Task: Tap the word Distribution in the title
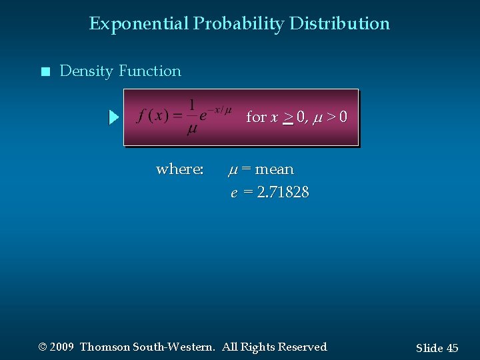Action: click(339, 24)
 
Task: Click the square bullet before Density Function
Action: click(45, 71)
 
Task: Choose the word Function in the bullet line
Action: click(150, 71)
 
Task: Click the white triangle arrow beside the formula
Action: click(113, 118)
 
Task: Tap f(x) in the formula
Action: click(152, 117)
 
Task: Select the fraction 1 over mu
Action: click(191, 117)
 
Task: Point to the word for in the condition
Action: click(256, 117)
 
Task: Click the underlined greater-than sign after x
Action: click(288, 118)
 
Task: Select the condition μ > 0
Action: click(331, 117)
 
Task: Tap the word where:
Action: click(179, 169)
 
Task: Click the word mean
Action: click(274, 169)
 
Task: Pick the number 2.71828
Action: click(282, 193)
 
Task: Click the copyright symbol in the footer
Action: click(43, 347)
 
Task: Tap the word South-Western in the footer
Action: click(174, 347)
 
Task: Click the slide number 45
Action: click(452, 348)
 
